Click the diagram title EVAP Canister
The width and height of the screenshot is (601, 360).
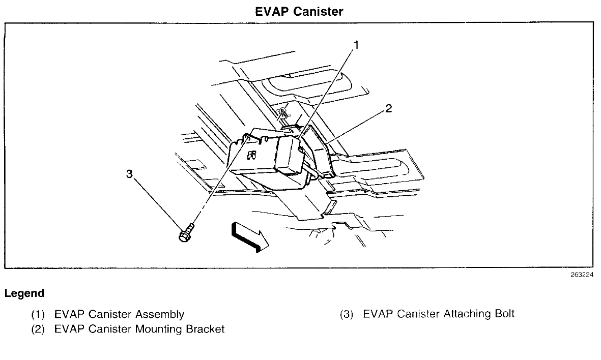click(299, 11)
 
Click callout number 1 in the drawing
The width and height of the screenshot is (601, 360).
click(357, 45)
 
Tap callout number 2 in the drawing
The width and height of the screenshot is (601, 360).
click(388, 108)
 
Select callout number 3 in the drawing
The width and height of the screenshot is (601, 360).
click(129, 174)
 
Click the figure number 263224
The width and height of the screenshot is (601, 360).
click(582, 275)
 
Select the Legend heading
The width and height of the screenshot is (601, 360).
click(24, 293)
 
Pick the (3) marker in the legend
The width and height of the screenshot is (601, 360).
click(347, 314)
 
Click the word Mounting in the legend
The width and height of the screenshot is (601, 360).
click(158, 329)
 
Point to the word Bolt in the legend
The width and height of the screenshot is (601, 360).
click(504, 314)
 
